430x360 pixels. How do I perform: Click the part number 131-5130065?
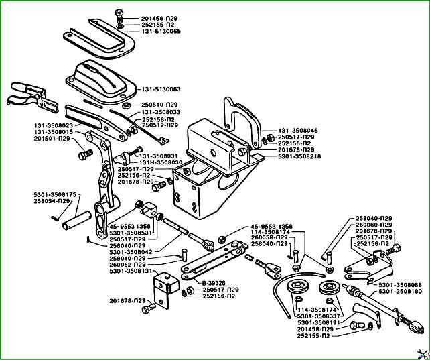point(161,32)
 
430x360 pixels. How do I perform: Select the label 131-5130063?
point(161,89)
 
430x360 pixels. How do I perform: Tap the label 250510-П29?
point(159,105)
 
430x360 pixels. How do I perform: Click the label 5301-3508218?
point(299,156)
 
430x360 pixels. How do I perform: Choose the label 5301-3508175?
point(55,195)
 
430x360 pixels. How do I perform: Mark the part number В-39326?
point(214,283)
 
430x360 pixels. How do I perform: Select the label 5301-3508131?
point(131,271)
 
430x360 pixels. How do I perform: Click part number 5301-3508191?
point(319,322)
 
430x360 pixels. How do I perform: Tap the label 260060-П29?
point(374,225)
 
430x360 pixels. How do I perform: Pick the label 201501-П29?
point(52,139)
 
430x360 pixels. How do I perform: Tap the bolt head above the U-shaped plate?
point(118,13)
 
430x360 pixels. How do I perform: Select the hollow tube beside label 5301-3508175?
point(76,220)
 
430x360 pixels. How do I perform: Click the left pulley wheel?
point(296,287)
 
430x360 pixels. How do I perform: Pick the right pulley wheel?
point(330,287)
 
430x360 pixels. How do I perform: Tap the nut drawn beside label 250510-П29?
point(125,105)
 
